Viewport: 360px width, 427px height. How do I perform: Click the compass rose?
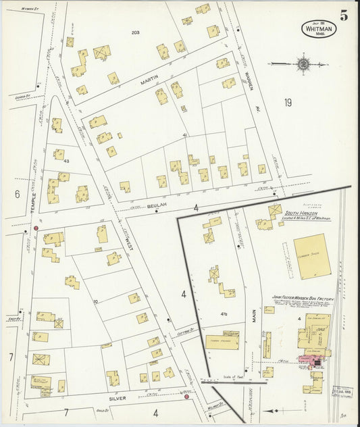(x=303, y=64)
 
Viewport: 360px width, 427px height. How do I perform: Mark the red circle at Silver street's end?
(x=186, y=397)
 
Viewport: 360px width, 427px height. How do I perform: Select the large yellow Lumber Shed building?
(x=309, y=257)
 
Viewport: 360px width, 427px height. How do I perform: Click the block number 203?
(x=135, y=32)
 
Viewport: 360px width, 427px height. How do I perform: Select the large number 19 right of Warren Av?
(x=288, y=103)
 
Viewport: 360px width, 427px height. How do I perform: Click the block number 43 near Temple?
(x=66, y=161)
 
